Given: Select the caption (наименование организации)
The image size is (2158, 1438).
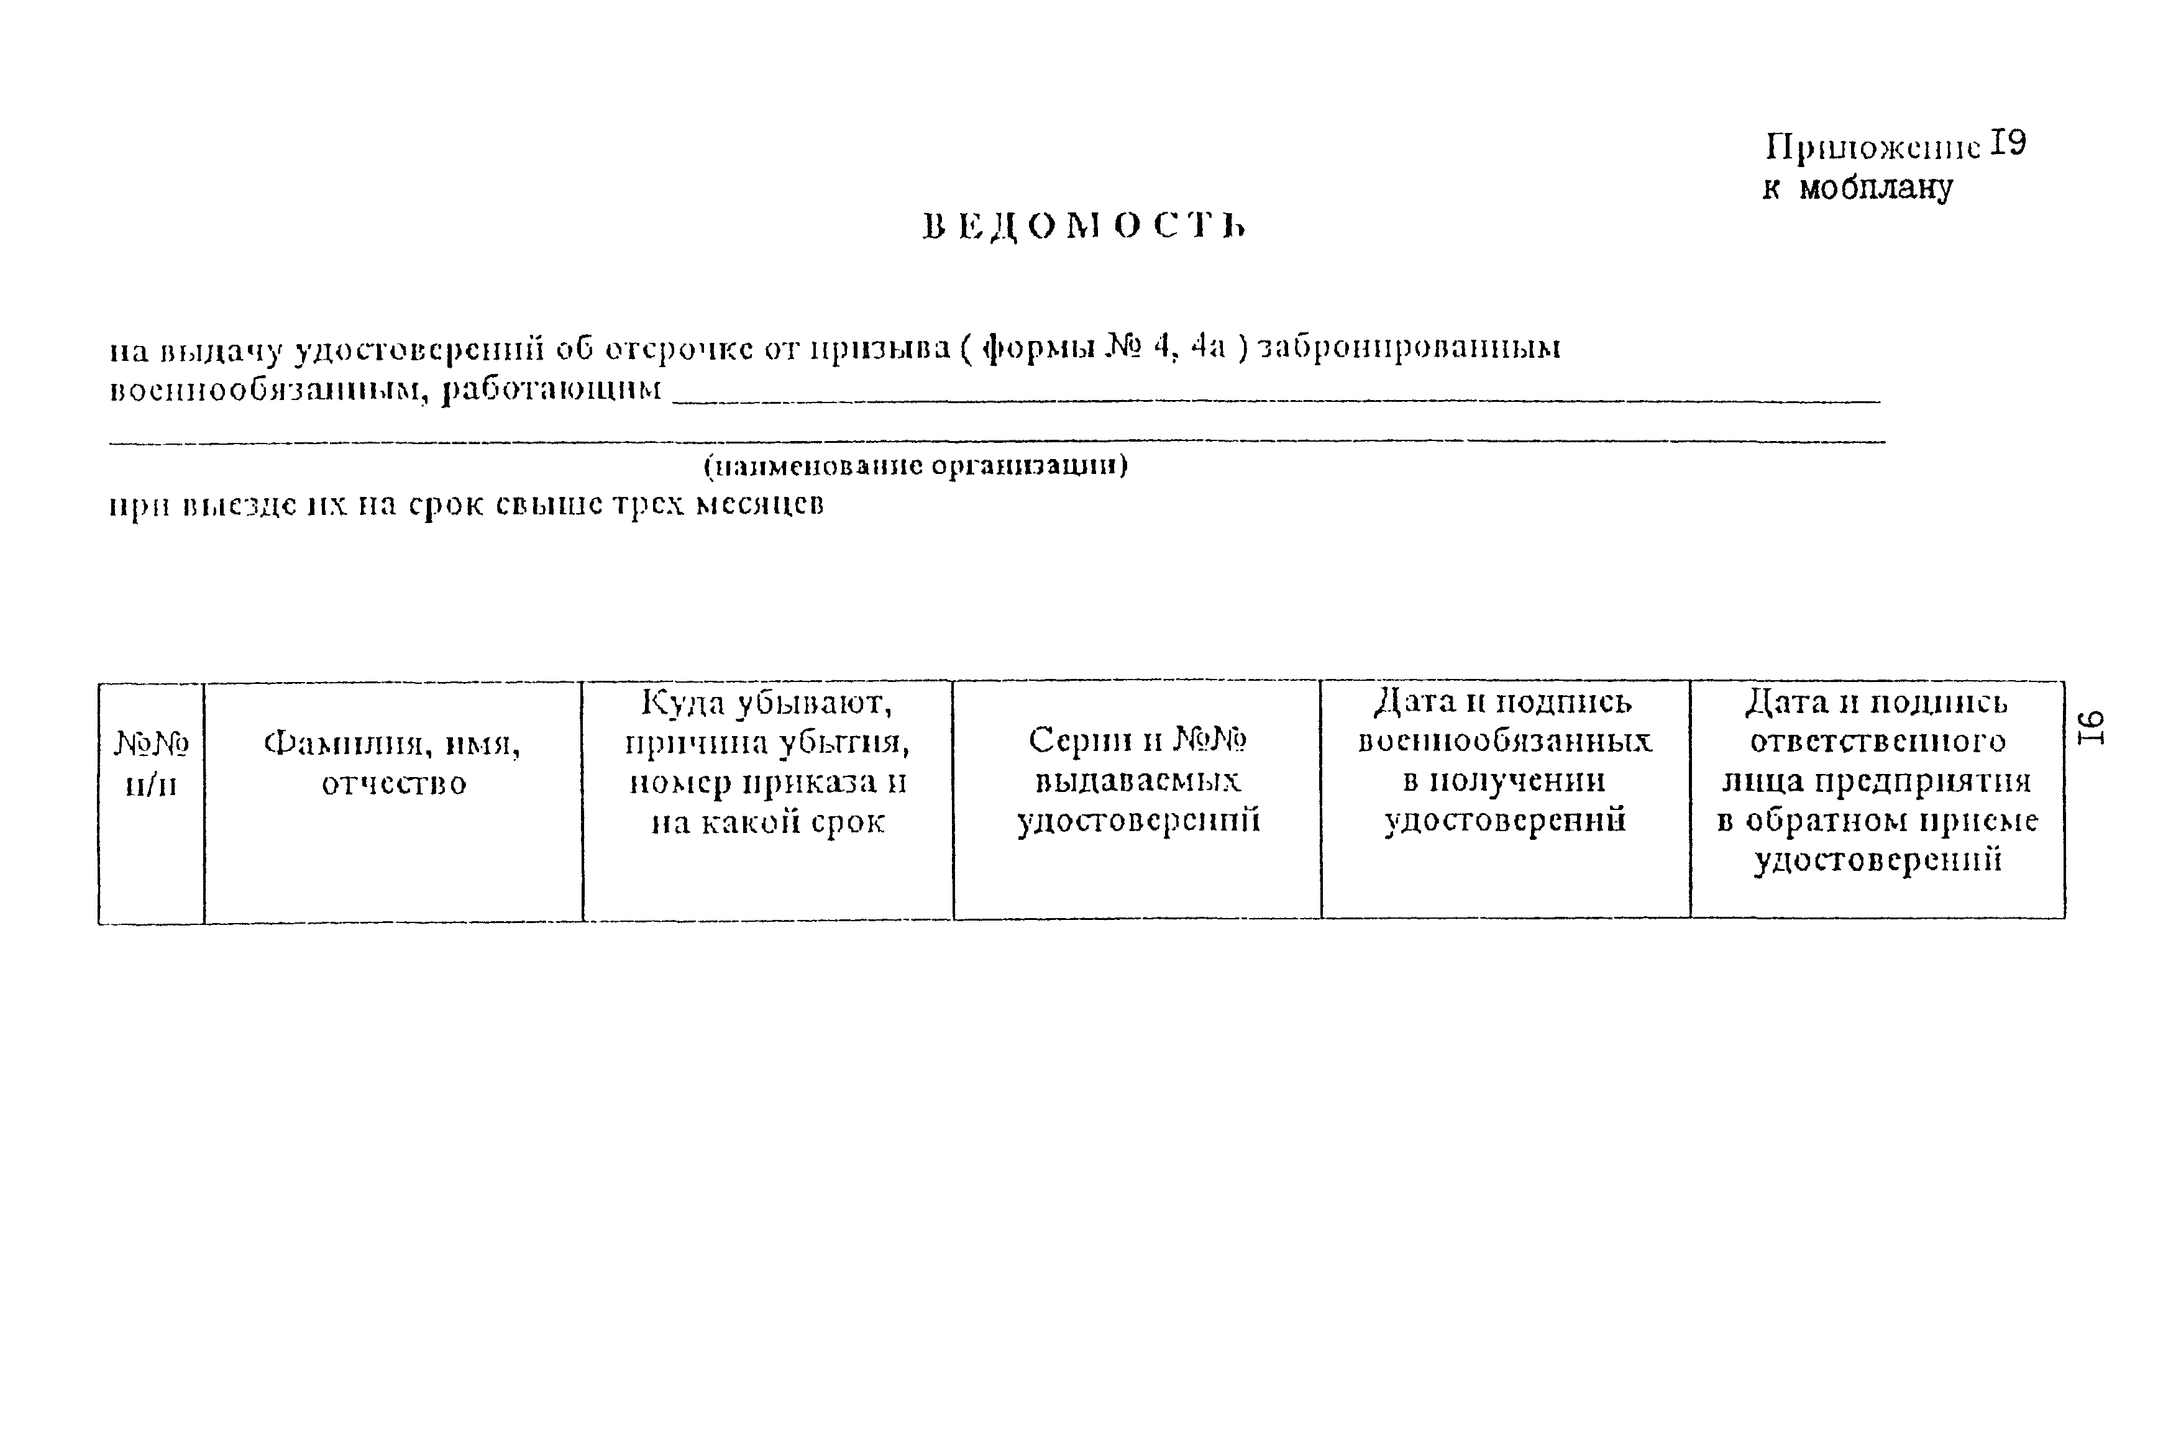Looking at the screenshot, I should [915, 466].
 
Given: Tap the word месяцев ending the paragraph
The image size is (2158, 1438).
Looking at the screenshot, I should [759, 505].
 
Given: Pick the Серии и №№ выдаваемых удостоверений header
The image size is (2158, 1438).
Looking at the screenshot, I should [1137, 780].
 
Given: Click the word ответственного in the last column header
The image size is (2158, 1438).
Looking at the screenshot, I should [1877, 742].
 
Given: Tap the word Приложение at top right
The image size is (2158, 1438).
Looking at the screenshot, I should [1873, 147].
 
